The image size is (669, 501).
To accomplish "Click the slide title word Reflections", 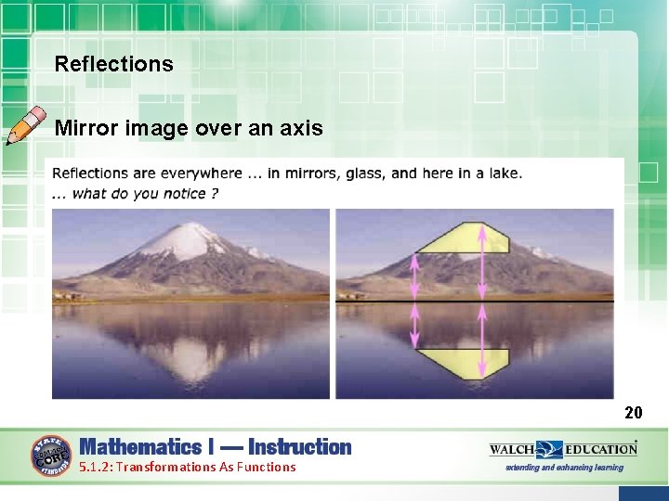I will pos(113,64).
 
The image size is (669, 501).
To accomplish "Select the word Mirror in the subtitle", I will pos(82,128).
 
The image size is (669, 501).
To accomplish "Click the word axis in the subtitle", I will pos(302,128).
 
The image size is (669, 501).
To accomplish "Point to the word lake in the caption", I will pos(503,173).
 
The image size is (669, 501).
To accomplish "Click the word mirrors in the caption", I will pos(334,173).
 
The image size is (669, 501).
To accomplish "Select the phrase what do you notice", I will pos(144,193).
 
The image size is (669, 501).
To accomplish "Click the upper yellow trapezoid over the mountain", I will pos(462,238).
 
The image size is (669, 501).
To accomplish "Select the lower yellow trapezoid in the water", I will pos(462,362).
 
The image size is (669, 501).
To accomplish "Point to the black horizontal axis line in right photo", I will pos(557,302).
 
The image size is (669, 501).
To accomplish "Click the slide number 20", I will pos(633,412).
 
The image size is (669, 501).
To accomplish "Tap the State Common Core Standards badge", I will pos(51,456).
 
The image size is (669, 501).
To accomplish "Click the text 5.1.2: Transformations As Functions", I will pos(187,468).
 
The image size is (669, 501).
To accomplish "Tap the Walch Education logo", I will pos(563,449).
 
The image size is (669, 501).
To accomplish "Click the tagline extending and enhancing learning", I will pos(564,468).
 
